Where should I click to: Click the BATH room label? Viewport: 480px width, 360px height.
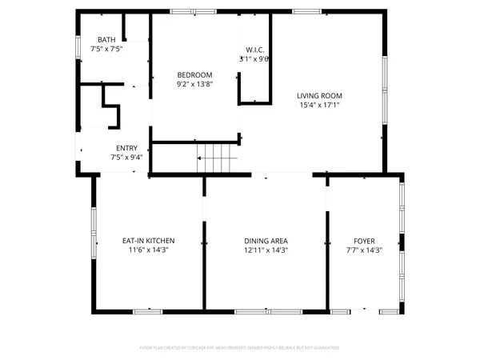tap(106, 40)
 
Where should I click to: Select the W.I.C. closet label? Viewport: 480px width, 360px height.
tap(254, 50)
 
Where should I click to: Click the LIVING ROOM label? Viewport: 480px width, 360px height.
tap(319, 96)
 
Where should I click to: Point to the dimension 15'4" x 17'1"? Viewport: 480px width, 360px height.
tap(319, 105)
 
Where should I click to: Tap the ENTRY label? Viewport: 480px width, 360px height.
tap(126, 148)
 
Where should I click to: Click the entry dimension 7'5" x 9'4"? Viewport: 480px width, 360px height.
tap(126, 158)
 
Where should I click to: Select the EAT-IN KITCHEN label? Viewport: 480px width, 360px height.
tap(148, 241)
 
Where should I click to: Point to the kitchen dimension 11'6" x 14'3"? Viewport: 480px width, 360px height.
tap(148, 250)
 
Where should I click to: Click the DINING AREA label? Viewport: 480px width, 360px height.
tap(266, 241)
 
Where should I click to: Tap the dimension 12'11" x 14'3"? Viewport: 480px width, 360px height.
tap(266, 250)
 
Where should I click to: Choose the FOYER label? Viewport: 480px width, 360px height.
tap(364, 241)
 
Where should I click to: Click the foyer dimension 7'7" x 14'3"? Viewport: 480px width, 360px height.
tap(364, 250)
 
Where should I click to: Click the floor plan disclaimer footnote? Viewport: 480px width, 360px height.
tap(239, 348)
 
